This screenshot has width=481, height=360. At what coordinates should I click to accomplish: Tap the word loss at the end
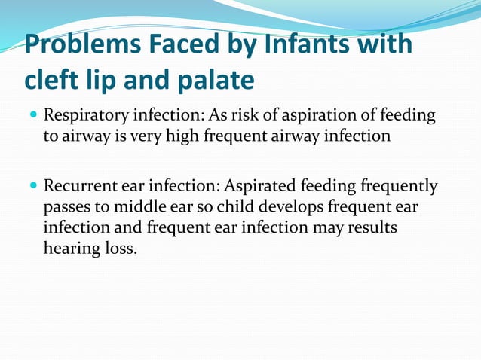[x=121, y=246]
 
